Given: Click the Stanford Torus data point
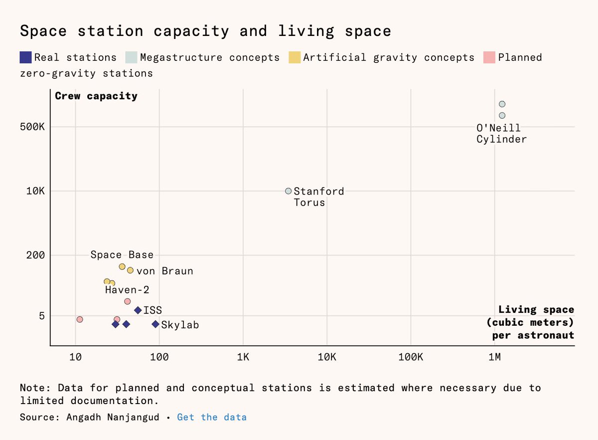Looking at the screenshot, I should (x=288, y=191).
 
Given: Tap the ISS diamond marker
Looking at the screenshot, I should (x=138, y=310).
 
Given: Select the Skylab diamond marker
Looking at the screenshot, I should (x=155, y=324).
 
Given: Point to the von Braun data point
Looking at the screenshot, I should (x=130, y=270).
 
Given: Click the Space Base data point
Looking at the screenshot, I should (x=122, y=266).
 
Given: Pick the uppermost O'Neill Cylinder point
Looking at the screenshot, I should (x=502, y=104).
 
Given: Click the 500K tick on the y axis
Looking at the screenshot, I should (x=35, y=127).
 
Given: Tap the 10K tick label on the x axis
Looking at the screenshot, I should (x=327, y=358).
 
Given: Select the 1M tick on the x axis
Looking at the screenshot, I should (x=494, y=358).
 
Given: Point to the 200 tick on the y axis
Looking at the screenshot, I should (x=36, y=255).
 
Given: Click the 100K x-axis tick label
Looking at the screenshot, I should (x=411, y=358).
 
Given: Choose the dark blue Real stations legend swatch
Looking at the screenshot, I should (x=26, y=57).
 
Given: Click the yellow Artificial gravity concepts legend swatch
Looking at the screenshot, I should (x=295, y=57).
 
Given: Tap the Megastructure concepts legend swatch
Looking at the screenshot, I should (x=132, y=57).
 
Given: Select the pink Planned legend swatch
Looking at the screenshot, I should (x=489, y=57).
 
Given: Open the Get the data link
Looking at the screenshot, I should (x=212, y=417).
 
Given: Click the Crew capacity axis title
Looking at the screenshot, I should (x=96, y=96).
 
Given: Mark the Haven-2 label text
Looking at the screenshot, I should (x=127, y=290).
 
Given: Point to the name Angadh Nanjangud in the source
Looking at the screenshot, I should (x=114, y=417).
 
